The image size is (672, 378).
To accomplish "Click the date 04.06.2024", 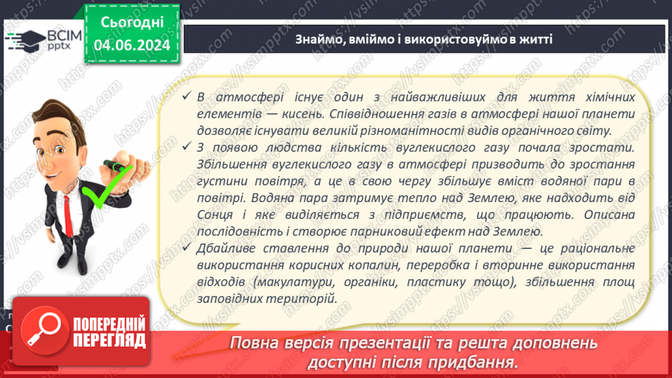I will (x=132, y=45).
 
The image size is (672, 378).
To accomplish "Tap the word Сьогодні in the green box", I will (x=132, y=22).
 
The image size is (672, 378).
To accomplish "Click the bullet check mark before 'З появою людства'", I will (x=186, y=148).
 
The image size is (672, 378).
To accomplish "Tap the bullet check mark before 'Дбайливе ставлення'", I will (x=186, y=248).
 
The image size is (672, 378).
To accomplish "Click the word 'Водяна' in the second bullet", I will (x=330, y=198).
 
